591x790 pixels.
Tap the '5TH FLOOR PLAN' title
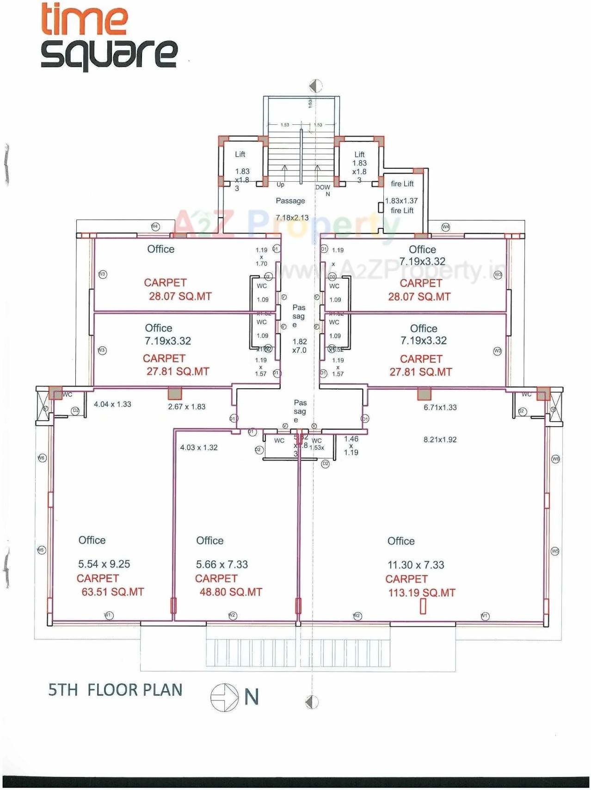(x=115, y=690)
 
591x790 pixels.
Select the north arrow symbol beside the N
(x=225, y=697)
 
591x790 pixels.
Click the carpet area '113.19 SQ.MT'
(x=421, y=593)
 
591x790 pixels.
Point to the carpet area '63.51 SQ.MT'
(x=112, y=592)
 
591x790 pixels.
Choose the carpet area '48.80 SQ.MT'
(x=230, y=592)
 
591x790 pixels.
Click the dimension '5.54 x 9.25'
(x=104, y=564)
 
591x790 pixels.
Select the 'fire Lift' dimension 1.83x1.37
(x=401, y=201)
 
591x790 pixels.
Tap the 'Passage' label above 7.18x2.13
(x=290, y=201)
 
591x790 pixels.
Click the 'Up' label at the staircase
(x=280, y=184)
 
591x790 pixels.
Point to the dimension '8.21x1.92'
(x=440, y=440)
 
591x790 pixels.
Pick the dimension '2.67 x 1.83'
(x=186, y=407)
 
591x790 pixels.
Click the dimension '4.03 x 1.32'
(x=199, y=447)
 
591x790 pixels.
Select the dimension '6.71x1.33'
(x=440, y=407)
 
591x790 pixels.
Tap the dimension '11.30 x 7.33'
(x=415, y=565)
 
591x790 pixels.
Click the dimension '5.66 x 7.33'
(x=222, y=564)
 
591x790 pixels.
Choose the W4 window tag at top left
(x=155, y=227)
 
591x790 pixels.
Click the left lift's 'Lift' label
(x=240, y=154)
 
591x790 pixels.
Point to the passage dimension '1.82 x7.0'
(x=299, y=346)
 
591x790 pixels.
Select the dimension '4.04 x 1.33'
(x=112, y=404)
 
